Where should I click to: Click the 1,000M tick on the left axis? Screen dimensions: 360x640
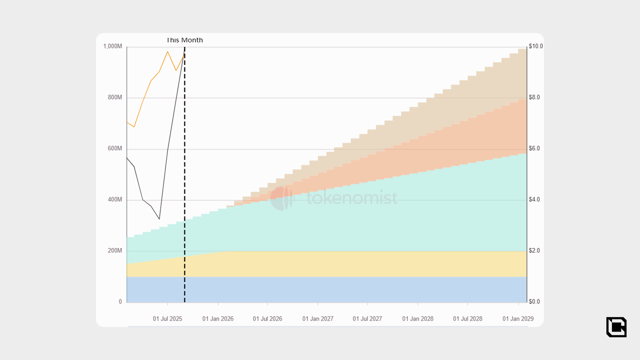112,46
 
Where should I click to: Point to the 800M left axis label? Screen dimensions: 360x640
115,97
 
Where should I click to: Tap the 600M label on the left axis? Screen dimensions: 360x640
115,148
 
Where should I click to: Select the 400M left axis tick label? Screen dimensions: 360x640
115,200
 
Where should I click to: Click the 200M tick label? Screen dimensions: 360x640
115,251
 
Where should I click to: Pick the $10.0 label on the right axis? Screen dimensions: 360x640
536,46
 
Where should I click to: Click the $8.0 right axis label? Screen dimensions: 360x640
534,97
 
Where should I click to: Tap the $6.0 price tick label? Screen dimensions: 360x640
534,148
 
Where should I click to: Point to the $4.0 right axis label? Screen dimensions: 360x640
534,200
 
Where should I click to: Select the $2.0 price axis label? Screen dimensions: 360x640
534,251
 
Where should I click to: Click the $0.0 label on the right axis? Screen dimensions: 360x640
534,302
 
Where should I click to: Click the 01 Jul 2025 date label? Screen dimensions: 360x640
167,319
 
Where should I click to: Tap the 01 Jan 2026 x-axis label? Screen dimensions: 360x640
218,319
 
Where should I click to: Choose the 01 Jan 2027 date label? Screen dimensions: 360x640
318,319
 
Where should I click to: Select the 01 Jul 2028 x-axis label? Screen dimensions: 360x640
468,319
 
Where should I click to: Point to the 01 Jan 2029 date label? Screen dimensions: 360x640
518,319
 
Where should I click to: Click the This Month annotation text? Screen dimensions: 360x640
185,40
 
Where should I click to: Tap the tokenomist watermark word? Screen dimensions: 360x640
352,198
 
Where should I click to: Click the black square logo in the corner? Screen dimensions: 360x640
616,327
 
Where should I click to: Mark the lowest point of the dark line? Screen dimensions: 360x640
159,219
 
